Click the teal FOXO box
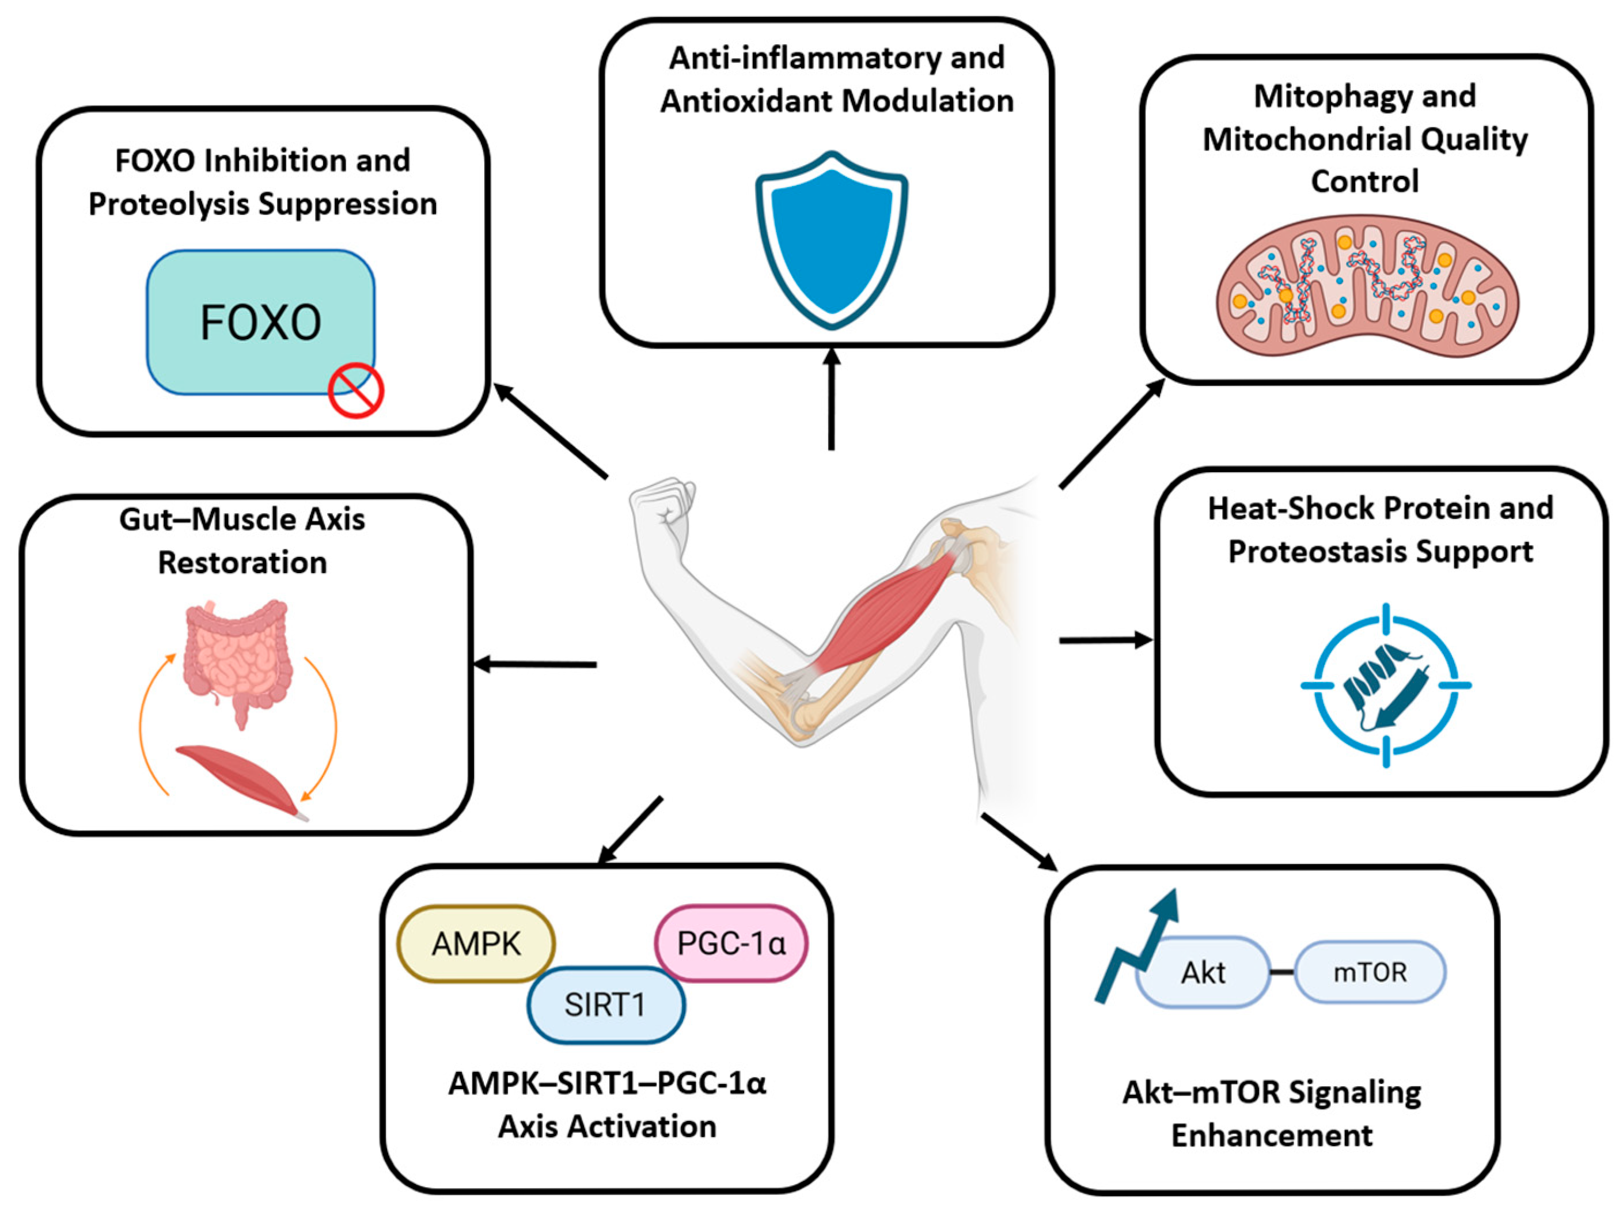point(260,322)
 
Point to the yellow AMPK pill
point(476,943)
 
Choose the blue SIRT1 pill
point(606,1004)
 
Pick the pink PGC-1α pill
point(731,943)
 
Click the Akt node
point(1203,972)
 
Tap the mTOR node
point(1370,972)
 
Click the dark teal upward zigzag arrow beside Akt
point(1137,947)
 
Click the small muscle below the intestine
point(242,782)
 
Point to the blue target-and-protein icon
point(1386,685)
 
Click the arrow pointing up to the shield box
point(831,399)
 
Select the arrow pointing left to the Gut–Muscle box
point(535,665)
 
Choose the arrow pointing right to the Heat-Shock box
point(1106,640)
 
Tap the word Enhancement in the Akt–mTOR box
point(1272,1136)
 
